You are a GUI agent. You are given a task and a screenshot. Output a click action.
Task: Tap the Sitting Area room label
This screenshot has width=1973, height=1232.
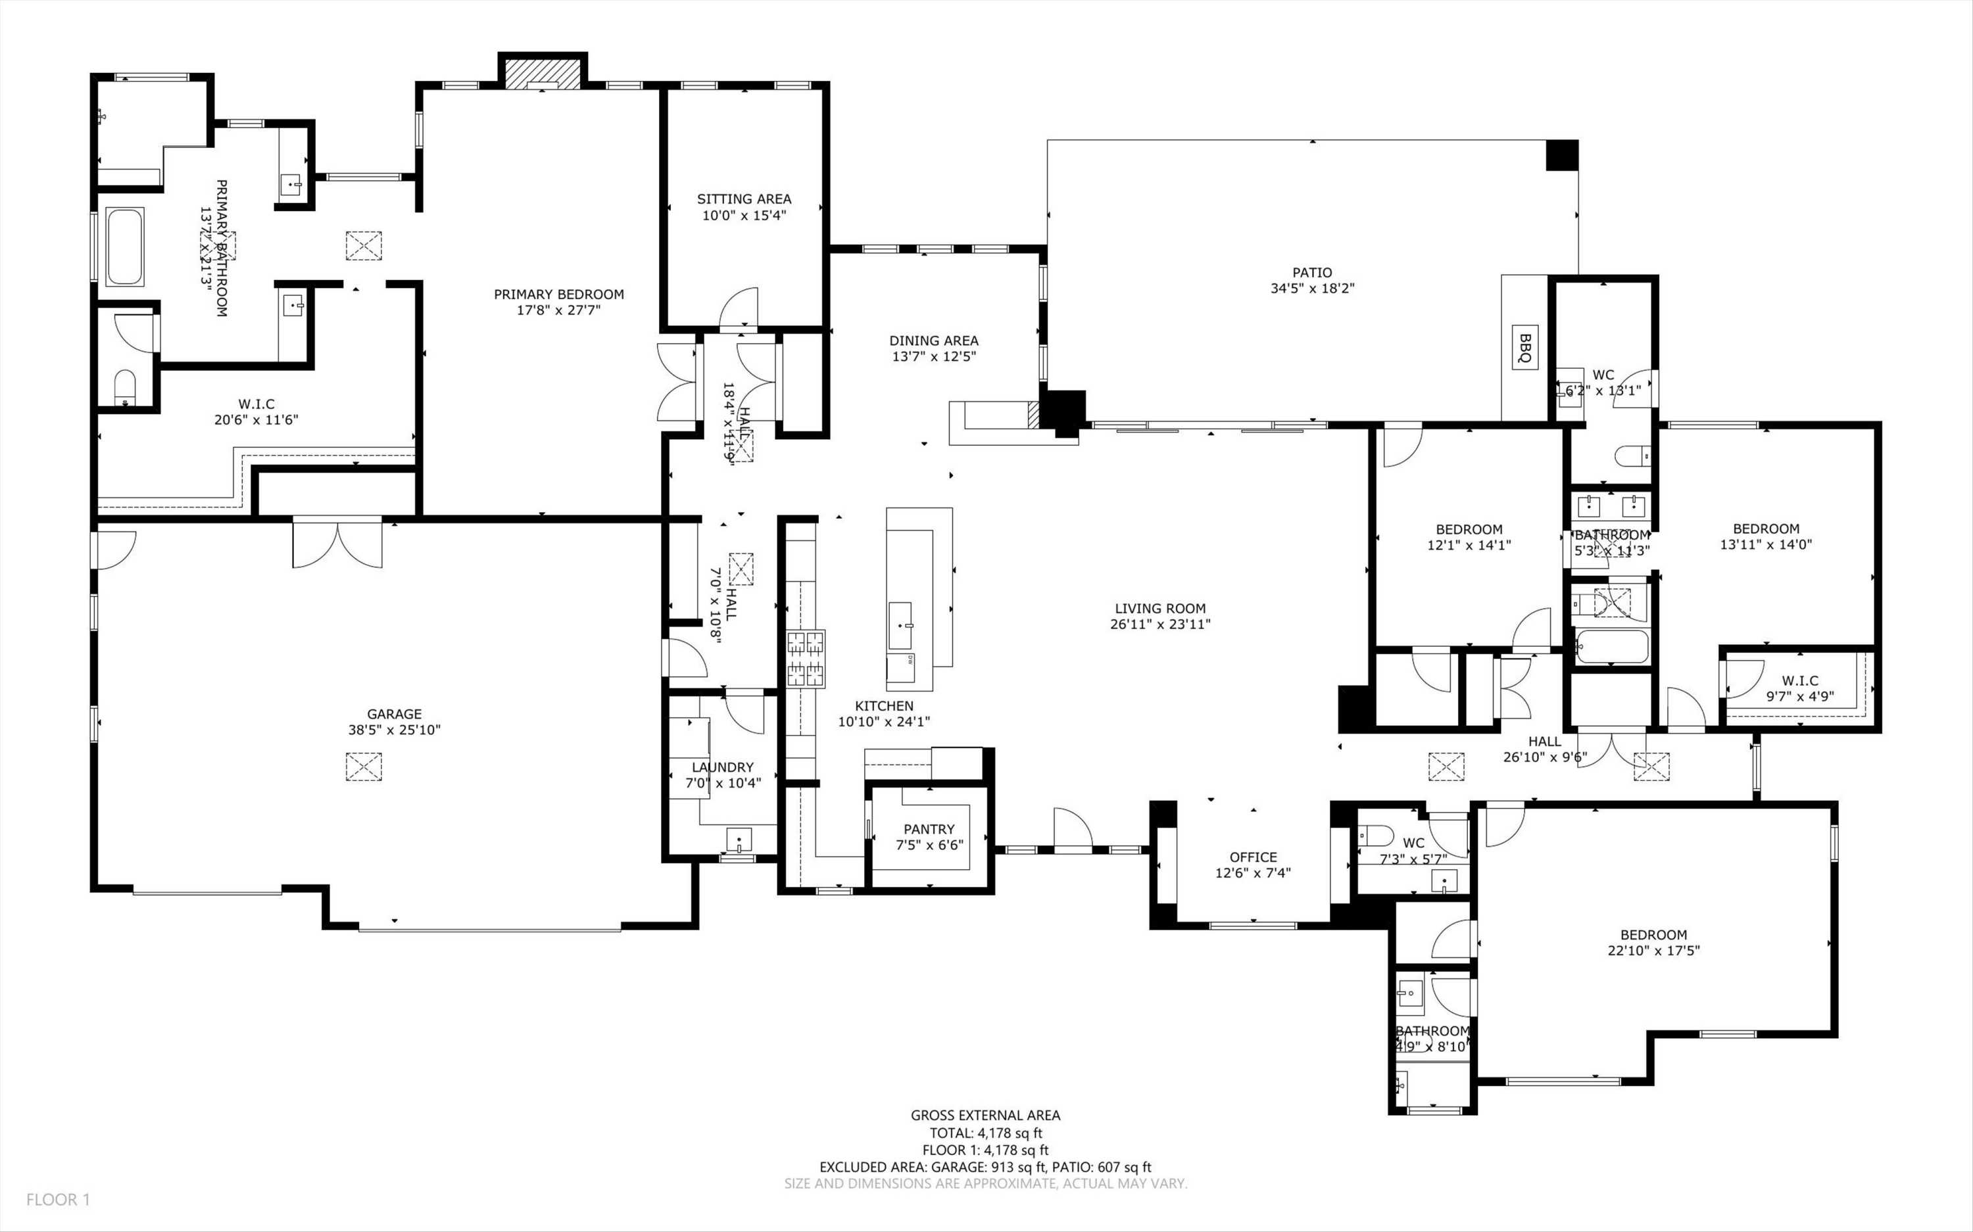743,199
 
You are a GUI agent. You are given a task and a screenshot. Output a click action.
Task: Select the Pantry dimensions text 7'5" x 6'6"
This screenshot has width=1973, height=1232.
929,845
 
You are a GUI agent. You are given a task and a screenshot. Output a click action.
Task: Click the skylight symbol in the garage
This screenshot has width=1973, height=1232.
364,767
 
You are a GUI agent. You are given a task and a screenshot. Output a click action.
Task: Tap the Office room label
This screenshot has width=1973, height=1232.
1253,857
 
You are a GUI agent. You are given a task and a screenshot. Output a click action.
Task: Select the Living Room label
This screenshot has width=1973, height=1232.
1159,608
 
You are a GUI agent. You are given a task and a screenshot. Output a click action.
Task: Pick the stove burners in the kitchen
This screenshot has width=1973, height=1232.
805,658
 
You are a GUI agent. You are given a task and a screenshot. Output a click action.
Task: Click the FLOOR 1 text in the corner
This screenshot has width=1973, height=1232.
58,1199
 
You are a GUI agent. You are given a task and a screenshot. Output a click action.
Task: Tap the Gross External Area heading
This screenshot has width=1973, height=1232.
985,1116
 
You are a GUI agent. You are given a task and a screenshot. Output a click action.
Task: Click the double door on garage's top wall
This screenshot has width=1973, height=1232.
337,542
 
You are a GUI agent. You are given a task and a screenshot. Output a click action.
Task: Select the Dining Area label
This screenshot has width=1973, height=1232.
933,341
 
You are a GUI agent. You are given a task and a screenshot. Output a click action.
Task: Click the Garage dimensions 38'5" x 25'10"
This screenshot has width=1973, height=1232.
395,730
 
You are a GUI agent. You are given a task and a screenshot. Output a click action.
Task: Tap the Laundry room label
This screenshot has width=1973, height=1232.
722,767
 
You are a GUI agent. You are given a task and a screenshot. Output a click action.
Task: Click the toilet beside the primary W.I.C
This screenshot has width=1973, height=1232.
125,388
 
